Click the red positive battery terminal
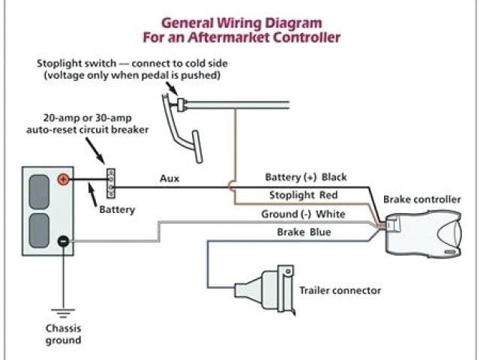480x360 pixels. tap(63, 179)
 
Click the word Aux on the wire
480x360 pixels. tap(169, 178)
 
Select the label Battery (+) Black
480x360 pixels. tap(306, 178)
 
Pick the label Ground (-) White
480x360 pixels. tap(303, 214)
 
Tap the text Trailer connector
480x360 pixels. tap(340, 290)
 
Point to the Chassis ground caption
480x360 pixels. tap(63, 334)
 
